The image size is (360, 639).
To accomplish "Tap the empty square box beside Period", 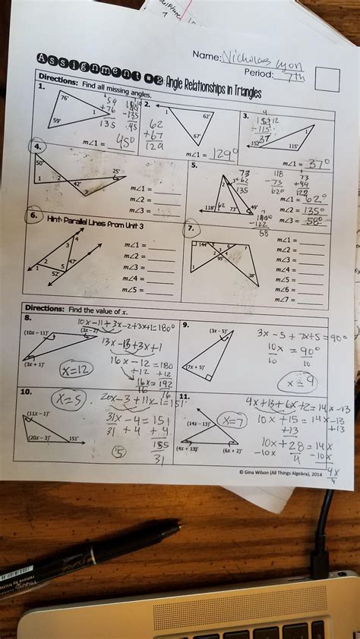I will coord(327,80).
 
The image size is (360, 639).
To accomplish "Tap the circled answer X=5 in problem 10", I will coord(68,400).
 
